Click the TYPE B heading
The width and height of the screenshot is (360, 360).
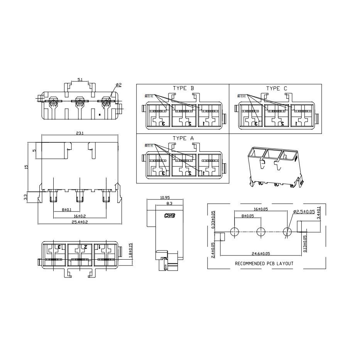coord(183,88)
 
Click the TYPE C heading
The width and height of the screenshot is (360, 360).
coord(276,88)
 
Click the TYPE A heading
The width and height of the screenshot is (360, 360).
coord(183,138)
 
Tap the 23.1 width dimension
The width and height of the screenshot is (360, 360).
coord(79,133)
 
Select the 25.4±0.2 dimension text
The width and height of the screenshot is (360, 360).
coord(79,221)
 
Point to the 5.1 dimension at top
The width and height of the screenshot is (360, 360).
coord(80,79)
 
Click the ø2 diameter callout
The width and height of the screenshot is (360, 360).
coord(118,85)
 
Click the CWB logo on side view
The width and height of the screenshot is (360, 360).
coord(169,216)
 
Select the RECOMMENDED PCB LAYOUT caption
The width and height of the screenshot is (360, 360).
coord(264,264)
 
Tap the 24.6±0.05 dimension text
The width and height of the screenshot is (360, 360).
coord(261,254)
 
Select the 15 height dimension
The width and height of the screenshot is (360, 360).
coord(26,167)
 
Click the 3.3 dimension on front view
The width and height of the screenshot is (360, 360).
coord(25,197)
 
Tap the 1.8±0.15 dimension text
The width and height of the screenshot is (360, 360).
coord(130,250)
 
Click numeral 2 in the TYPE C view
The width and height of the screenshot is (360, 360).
coord(282,123)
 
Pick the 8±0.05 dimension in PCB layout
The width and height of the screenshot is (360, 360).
coord(247,216)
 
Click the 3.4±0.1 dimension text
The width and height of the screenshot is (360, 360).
coord(318,213)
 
